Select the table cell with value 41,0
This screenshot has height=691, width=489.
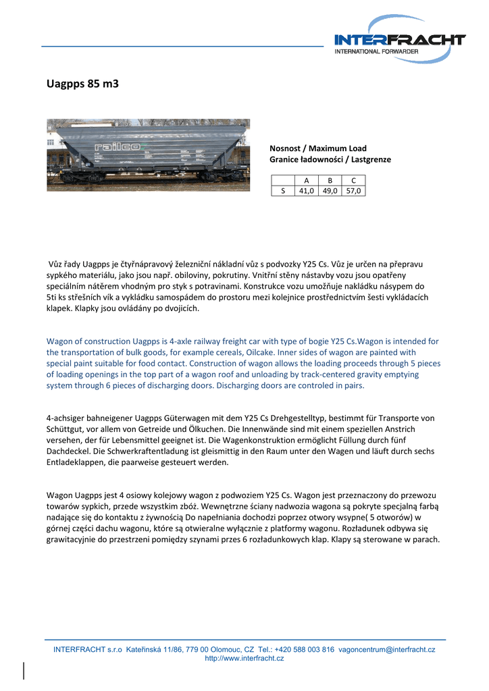(x=306, y=191)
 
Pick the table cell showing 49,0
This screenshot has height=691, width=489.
(x=330, y=191)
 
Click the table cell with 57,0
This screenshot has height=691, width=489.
(x=353, y=191)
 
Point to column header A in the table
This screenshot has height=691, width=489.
(x=306, y=180)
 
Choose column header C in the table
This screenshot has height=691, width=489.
(x=353, y=180)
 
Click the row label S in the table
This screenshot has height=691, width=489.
(x=283, y=191)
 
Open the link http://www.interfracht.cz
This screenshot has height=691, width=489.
(x=244, y=658)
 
